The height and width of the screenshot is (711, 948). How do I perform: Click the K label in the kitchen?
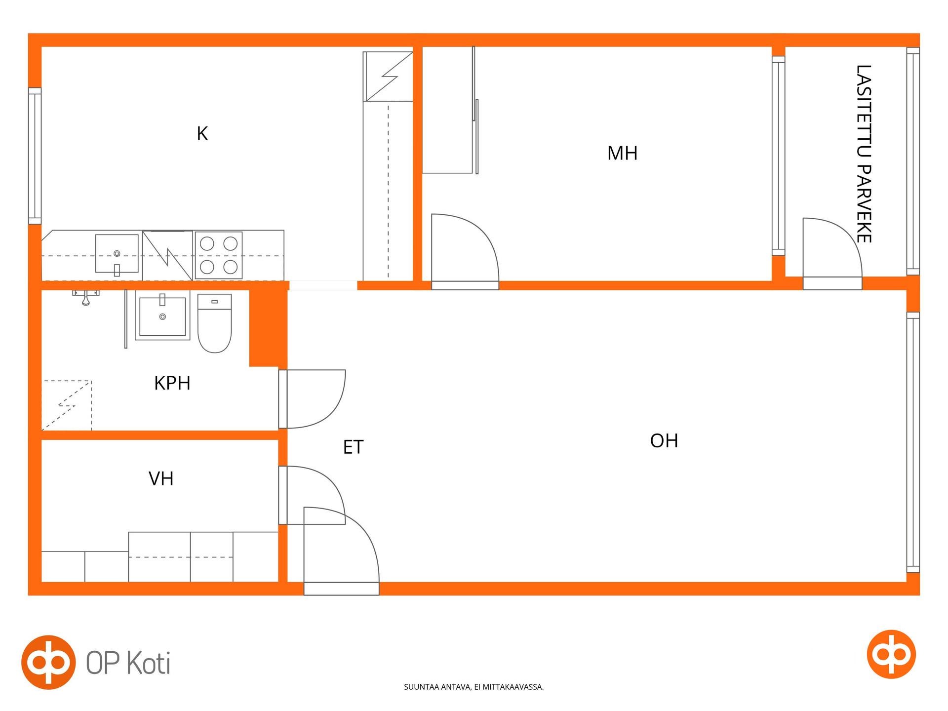click(202, 134)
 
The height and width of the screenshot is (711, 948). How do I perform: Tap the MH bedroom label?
click(622, 153)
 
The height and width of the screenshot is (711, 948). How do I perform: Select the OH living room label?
click(664, 440)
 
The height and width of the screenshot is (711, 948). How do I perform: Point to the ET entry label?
click(353, 447)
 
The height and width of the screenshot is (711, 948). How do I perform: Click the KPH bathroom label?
click(172, 383)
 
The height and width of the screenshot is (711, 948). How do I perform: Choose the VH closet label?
click(161, 478)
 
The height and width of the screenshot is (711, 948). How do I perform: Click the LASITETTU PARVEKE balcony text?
click(864, 154)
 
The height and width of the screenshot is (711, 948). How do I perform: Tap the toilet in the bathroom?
click(215, 323)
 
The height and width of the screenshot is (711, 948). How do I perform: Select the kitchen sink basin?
click(117, 254)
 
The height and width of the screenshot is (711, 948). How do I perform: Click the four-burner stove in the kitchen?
click(218, 255)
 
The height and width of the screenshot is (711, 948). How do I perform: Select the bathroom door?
click(312, 399)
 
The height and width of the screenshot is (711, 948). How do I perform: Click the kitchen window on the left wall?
click(35, 156)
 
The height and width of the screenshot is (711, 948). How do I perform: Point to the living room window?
click(913, 442)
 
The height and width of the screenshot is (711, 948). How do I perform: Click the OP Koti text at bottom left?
click(128, 663)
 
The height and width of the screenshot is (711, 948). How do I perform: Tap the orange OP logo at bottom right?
click(891, 654)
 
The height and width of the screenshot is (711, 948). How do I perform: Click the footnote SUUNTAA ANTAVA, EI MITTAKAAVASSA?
click(474, 687)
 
